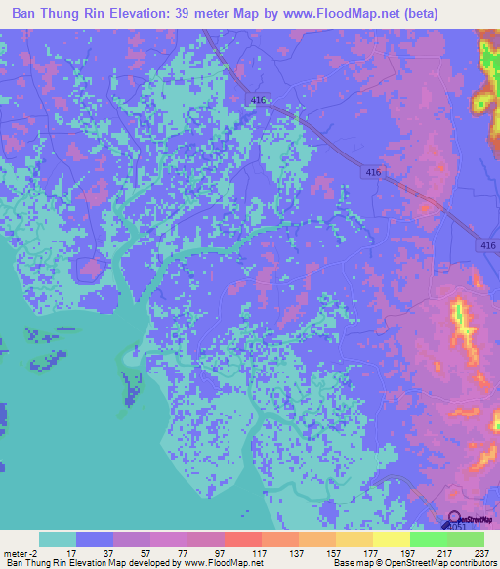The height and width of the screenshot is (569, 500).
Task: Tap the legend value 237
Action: [482, 552]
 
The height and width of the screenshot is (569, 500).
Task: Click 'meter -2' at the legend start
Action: [21, 552]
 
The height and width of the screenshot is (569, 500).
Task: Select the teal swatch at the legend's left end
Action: [58, 539]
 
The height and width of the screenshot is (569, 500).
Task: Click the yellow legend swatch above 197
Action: [392, 539]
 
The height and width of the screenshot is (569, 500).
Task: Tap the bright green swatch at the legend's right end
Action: [466, 539]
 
